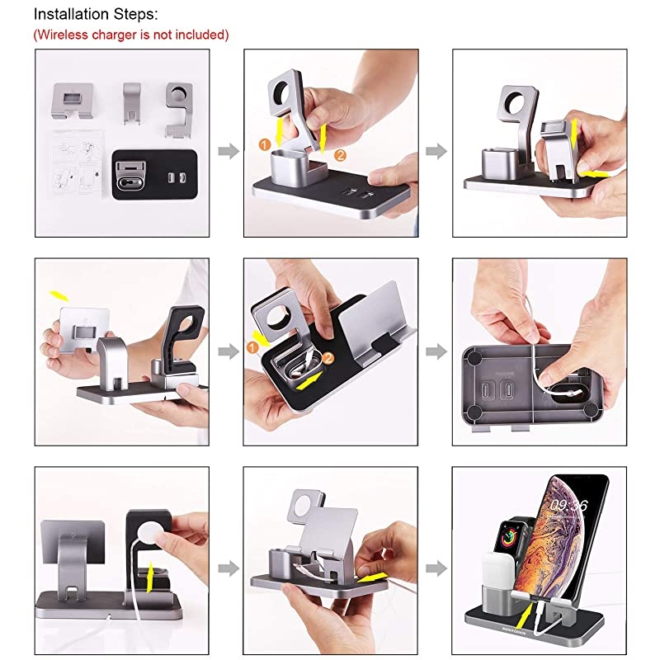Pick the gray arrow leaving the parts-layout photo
pyautogui.click(x=224, y=151)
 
